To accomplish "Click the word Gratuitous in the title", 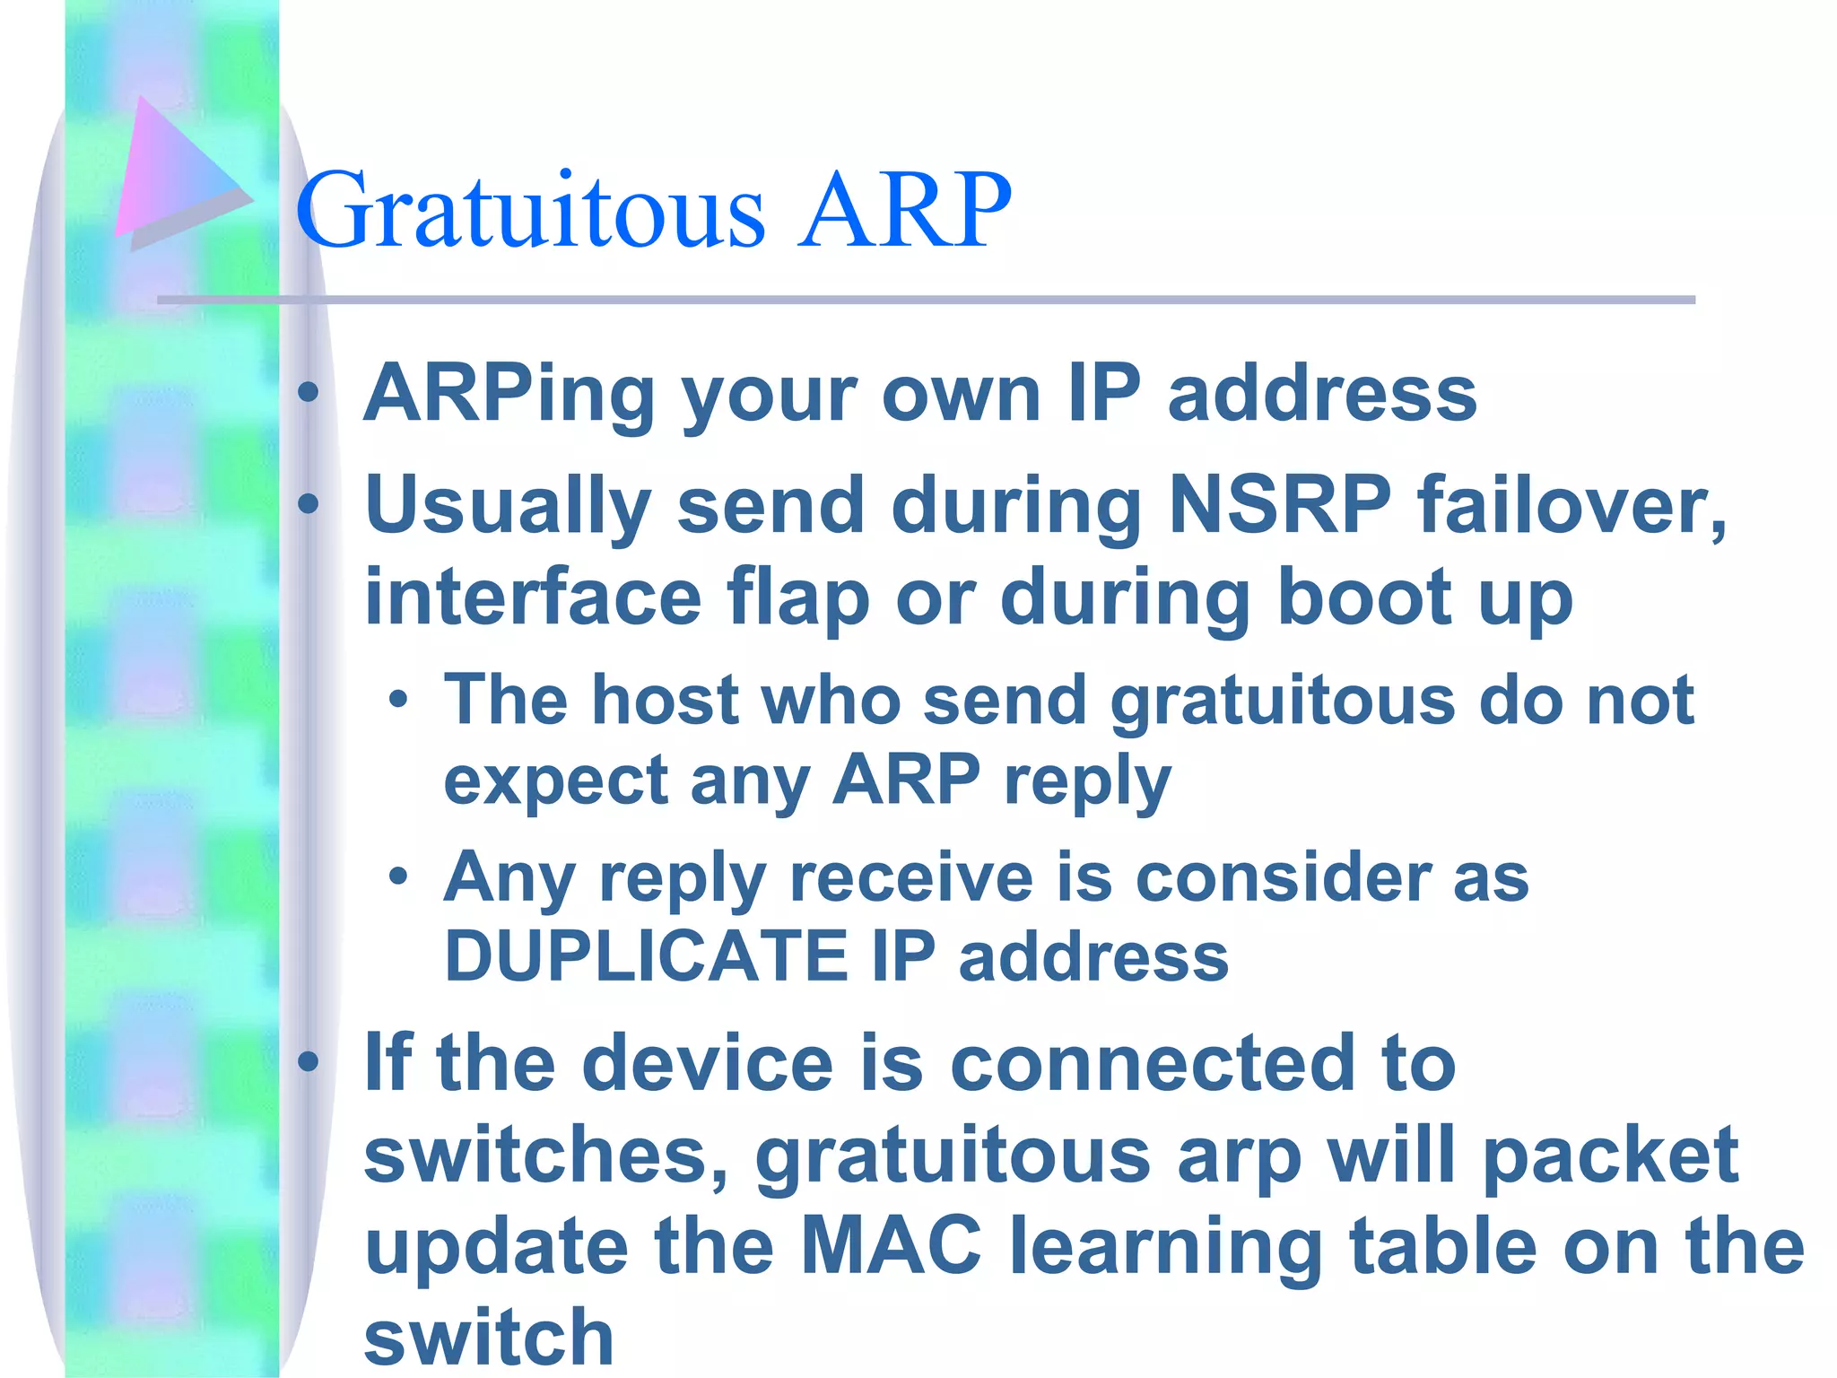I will pos(531,212).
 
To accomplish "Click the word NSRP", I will pos(1280,505).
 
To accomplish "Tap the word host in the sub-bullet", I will pos(664,700).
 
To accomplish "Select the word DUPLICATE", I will pos(646,956).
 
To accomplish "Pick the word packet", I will pos(1610,1156).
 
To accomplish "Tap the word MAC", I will pos(891,1246).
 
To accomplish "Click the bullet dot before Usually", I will pos(309,504).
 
